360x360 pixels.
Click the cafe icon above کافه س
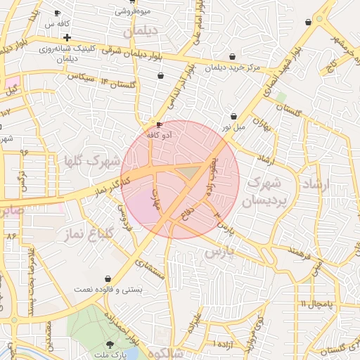pos(57,13)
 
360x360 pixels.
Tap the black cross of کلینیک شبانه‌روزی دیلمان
pos(67,37)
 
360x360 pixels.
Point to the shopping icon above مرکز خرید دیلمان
pos(232,57)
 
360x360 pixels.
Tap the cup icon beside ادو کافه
pos(160,124)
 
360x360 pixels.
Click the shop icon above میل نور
pos(234,117)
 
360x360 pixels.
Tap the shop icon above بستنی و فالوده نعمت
pos(107,279)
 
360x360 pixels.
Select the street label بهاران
pos(262,125)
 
